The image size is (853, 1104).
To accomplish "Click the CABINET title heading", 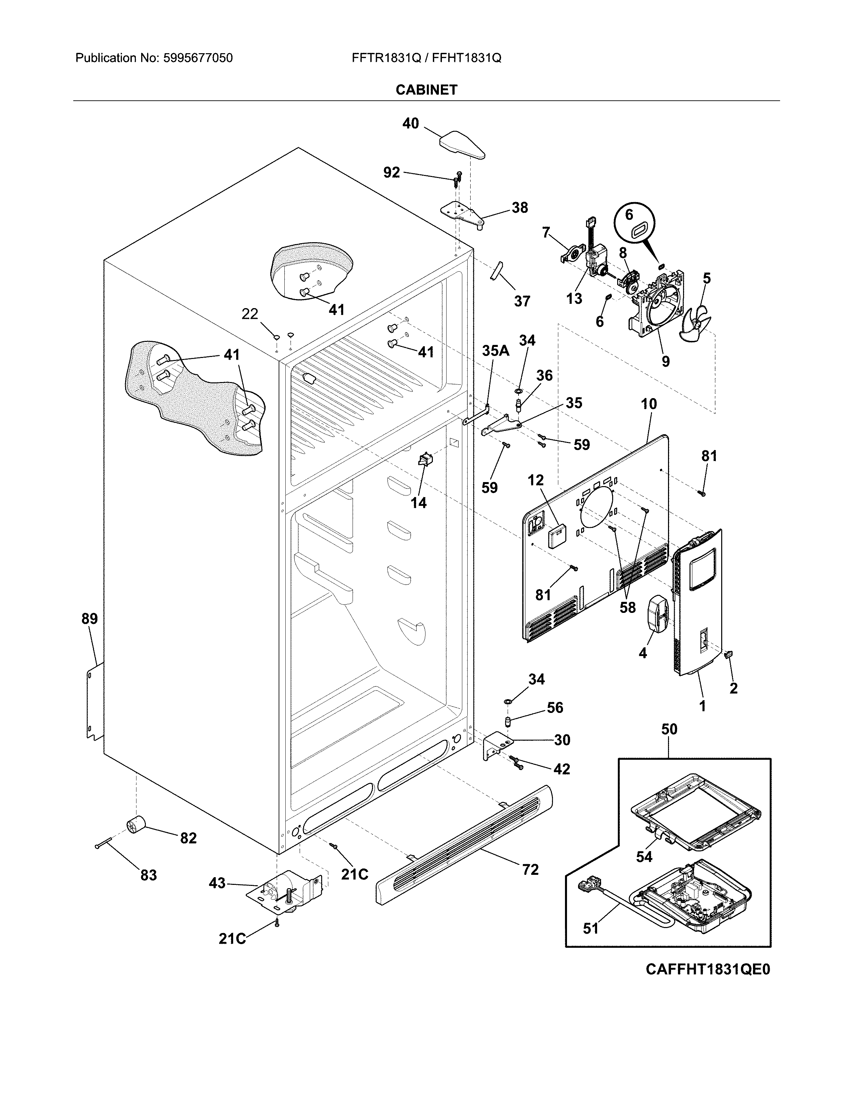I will (x=426, y=90).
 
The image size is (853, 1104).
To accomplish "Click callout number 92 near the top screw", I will (x=392, y=173).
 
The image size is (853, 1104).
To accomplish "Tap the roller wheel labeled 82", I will (x=135, y=827).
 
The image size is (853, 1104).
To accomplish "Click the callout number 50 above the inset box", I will (x=669, y=729).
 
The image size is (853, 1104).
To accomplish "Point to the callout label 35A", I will (x=495, y=351).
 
